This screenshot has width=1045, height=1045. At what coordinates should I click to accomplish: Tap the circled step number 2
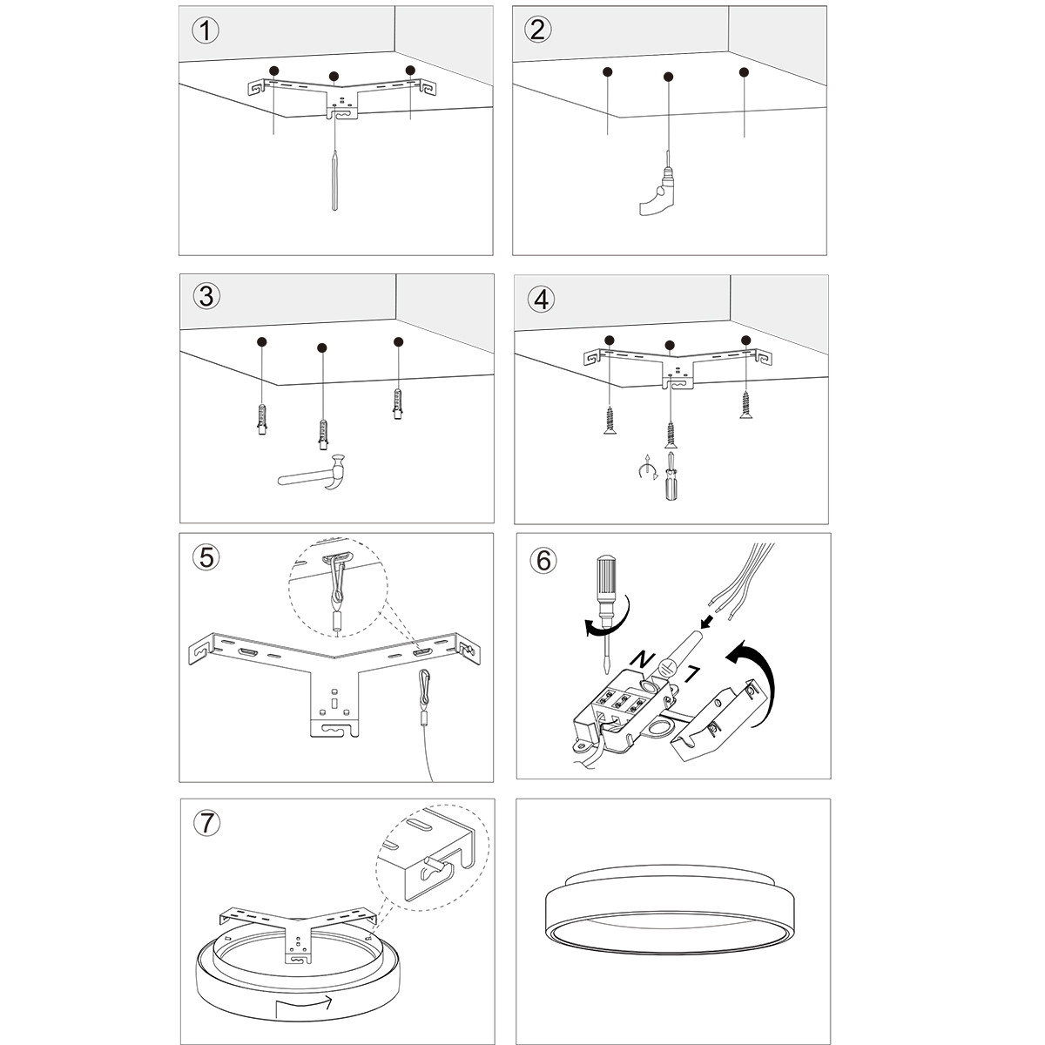point(538,30)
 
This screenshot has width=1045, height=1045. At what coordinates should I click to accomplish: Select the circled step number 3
point(206,296)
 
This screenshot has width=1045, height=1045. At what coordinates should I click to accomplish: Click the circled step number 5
point(206,557)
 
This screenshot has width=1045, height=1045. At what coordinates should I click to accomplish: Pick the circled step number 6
point(543,559)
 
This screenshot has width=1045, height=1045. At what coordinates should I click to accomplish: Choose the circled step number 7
point(206,824)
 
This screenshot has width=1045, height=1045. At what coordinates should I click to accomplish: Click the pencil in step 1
point(335,179)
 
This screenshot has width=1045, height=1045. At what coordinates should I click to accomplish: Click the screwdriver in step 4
point(671,476)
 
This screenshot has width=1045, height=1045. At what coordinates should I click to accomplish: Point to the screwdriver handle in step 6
point(604,588)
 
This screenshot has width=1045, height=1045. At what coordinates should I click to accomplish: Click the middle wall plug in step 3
point(324,433)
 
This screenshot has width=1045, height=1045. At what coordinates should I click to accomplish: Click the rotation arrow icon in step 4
point(646,471)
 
